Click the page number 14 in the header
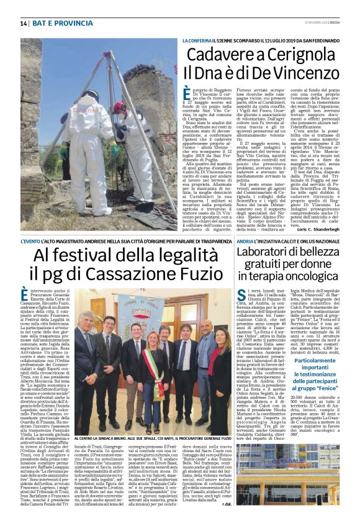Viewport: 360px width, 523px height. pos(24,24)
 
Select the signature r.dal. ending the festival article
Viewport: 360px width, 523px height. pos(227,504)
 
